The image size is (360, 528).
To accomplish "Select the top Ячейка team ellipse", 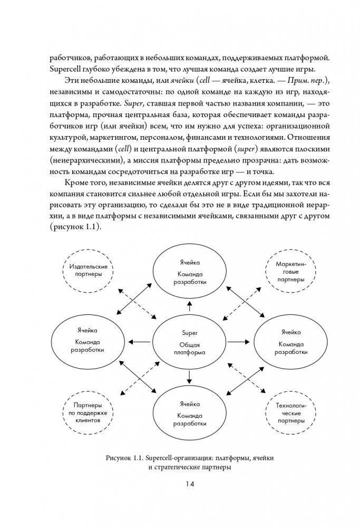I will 189,272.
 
